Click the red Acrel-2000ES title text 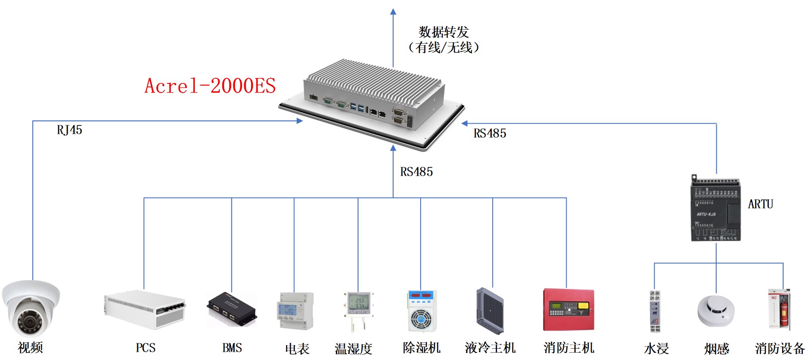click(x=210, y=86)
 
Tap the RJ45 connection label click(x=69, y=130)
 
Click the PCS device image click(x=145, y=309)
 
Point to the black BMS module click(x=232, y=309)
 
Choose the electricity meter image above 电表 click(x=295, y=311)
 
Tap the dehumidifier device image click(x=421, y=311)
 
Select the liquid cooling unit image click(x=490, y=311)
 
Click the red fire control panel click(x=568, y=310)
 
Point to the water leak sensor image click(x=654, y=311)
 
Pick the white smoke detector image click(x=716, y=311)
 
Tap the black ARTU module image click(x=715, y=208)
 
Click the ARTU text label click(x=760, y=204)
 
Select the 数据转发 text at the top click(x=443, y=32)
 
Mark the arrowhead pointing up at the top click(x=393, y=12)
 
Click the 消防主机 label click(x=569, y=348)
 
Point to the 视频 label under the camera click(x=30, y=348)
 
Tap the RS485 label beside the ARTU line click(x=490, y=133)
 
